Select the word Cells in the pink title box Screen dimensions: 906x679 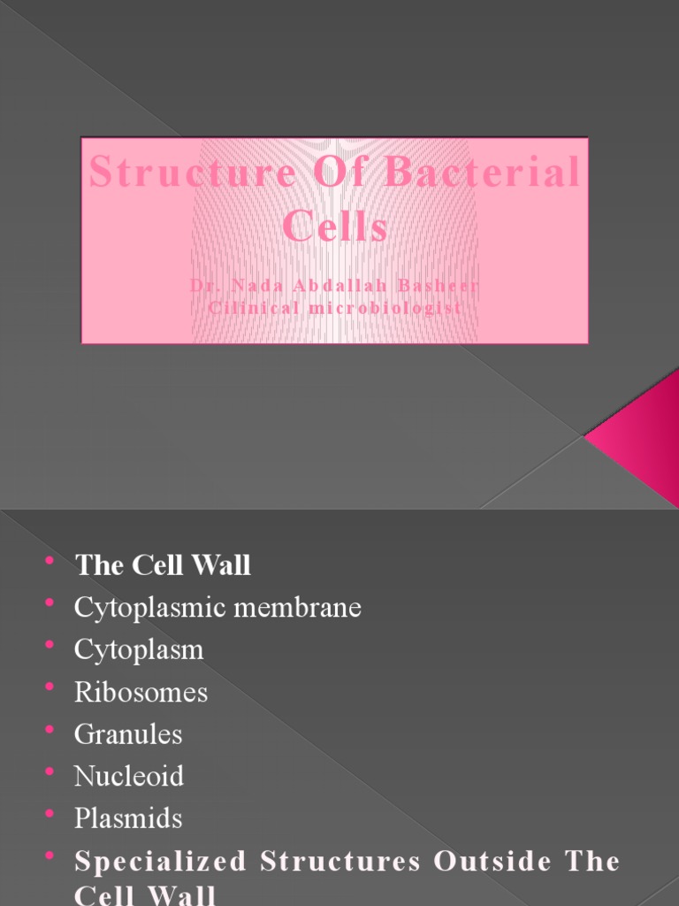[x=335, y=226]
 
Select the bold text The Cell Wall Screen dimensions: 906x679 [x=163, y=565]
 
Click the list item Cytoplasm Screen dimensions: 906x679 [x=139, y=649]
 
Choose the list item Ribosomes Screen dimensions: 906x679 [x=141, y=692]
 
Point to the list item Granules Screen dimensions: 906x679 [x=128, y=734]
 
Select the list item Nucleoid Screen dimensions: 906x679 [x=129, y=776]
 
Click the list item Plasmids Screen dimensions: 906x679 [x=128, y=818]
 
